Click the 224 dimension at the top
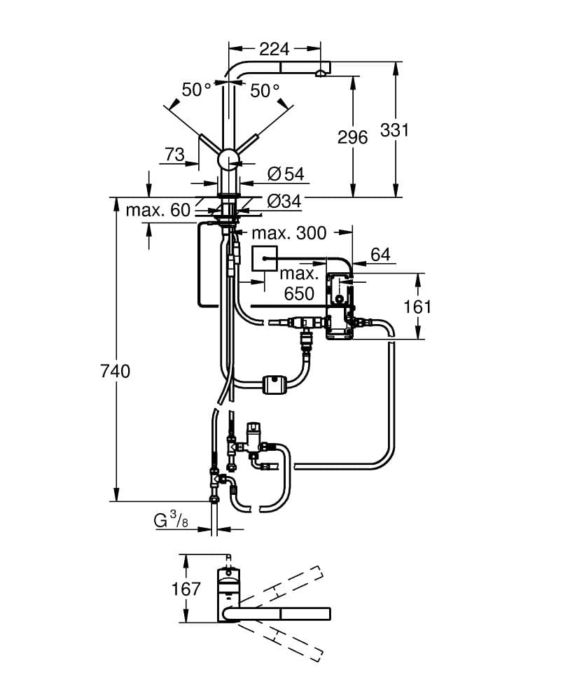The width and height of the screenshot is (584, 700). (x=274, y=49)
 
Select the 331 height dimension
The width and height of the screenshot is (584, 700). (x=395, y=130)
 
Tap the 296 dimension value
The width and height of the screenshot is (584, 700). (x=352, y=137)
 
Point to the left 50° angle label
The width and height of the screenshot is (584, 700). (x=196, y=90)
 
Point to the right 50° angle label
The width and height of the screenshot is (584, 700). (x=265, y=90)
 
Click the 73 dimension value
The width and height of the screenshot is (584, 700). (x=174, y=154)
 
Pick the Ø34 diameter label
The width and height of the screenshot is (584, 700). (x=284, y=201)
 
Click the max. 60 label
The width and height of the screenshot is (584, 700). (x=158, y=209)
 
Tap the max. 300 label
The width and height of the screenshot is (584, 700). (x=289, y=233)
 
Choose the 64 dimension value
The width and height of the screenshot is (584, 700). (x=380, y=254)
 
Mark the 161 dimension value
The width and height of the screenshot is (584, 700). (x=417, y=307)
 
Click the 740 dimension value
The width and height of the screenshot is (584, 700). (x=116, y=371)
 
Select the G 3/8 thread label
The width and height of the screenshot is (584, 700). (x=171, y=520)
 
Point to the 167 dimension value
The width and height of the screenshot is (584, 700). (x=186, y=589)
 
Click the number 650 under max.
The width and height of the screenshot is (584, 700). (x=299, y=293)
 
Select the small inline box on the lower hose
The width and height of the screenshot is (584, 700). (x=272, y=384)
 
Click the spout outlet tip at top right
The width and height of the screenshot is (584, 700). (x=321, y=72)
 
